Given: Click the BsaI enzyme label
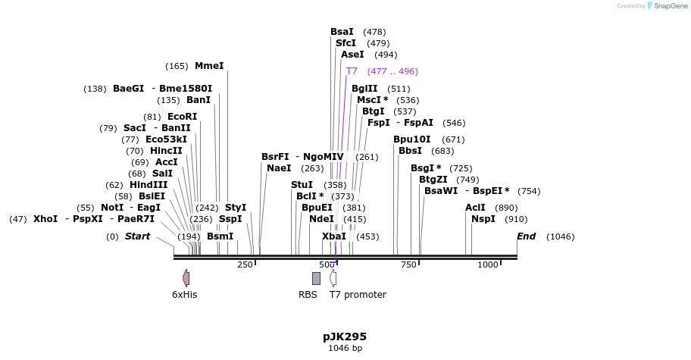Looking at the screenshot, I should pos(342,32).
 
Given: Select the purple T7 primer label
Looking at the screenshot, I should pos(352,71).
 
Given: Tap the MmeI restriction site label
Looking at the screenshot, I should pos(209,66).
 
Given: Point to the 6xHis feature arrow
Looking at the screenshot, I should pos(186,278).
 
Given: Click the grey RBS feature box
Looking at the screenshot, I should pos(316,278).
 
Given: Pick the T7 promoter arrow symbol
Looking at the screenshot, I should pos(333,278).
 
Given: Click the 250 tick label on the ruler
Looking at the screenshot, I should pos(245,265).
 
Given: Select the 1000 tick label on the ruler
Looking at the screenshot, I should pos(488,265).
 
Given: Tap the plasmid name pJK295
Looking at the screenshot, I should pos(345,337).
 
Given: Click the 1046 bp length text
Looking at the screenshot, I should pos(345,349).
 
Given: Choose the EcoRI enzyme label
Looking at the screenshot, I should pos(182,117).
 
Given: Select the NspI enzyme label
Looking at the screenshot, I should pos(483,219).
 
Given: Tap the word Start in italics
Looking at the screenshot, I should pos(137,236).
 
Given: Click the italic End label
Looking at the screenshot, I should pos(526,236).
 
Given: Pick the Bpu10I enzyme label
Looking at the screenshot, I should pos(411,139).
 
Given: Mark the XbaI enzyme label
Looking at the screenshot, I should pos(333,236).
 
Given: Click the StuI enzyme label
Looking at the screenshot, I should pos(302,185).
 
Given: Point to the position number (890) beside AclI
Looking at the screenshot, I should pos(506,208).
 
